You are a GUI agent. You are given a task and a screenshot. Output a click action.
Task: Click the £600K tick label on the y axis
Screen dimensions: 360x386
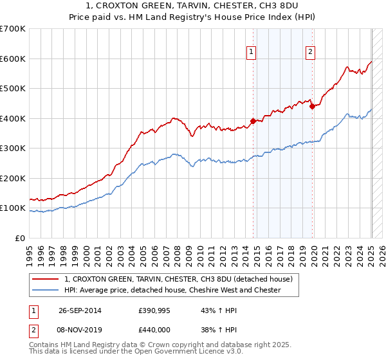(13, 59)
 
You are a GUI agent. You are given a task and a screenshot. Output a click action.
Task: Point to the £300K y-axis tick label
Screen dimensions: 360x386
(13, 148)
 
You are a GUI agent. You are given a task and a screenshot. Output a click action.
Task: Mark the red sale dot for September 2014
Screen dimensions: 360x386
(253, 121)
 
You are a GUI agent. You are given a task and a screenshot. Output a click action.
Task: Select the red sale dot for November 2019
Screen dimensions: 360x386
(312, 106)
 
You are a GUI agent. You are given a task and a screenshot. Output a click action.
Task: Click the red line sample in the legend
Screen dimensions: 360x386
(46, 279)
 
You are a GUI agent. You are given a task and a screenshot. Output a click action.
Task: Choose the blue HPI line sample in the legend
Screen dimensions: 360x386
(46, 290)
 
